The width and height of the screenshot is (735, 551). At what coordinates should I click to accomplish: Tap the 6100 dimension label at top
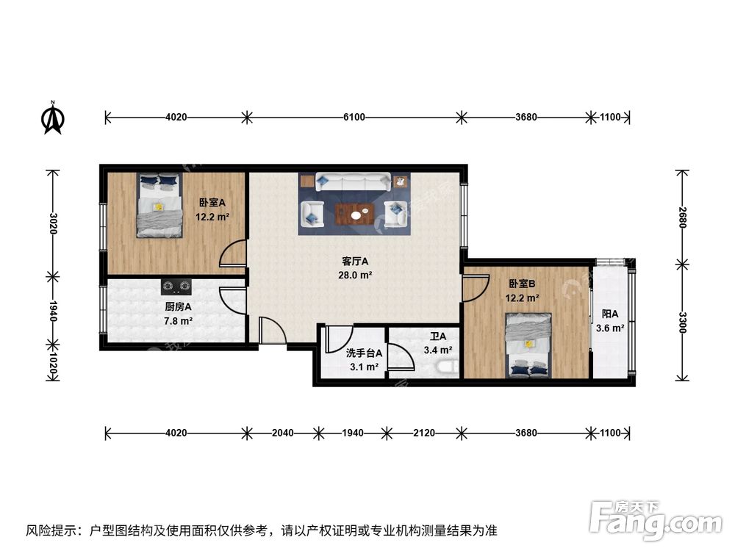pos(354,117)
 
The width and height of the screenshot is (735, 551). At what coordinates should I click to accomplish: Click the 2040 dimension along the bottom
pos(282,433)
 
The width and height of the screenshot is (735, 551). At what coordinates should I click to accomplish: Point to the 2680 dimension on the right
pos(683,218)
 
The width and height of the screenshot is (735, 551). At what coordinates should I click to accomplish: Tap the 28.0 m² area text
pos(356,275)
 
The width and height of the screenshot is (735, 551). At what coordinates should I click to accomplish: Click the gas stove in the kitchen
pos(176,285)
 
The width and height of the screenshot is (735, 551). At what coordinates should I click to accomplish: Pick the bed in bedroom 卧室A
pos(159,205)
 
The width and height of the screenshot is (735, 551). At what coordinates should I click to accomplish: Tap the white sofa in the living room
pos(354,181)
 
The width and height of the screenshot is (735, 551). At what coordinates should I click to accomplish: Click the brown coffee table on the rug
pos(356,214)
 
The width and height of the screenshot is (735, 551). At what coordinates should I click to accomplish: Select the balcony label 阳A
pos(610,314)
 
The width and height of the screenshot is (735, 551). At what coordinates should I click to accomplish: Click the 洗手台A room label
pos(364,353)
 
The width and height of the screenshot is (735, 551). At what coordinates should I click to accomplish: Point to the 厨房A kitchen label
pos(178,307)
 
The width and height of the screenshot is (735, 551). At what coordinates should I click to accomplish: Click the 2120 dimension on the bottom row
pos(424,433)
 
